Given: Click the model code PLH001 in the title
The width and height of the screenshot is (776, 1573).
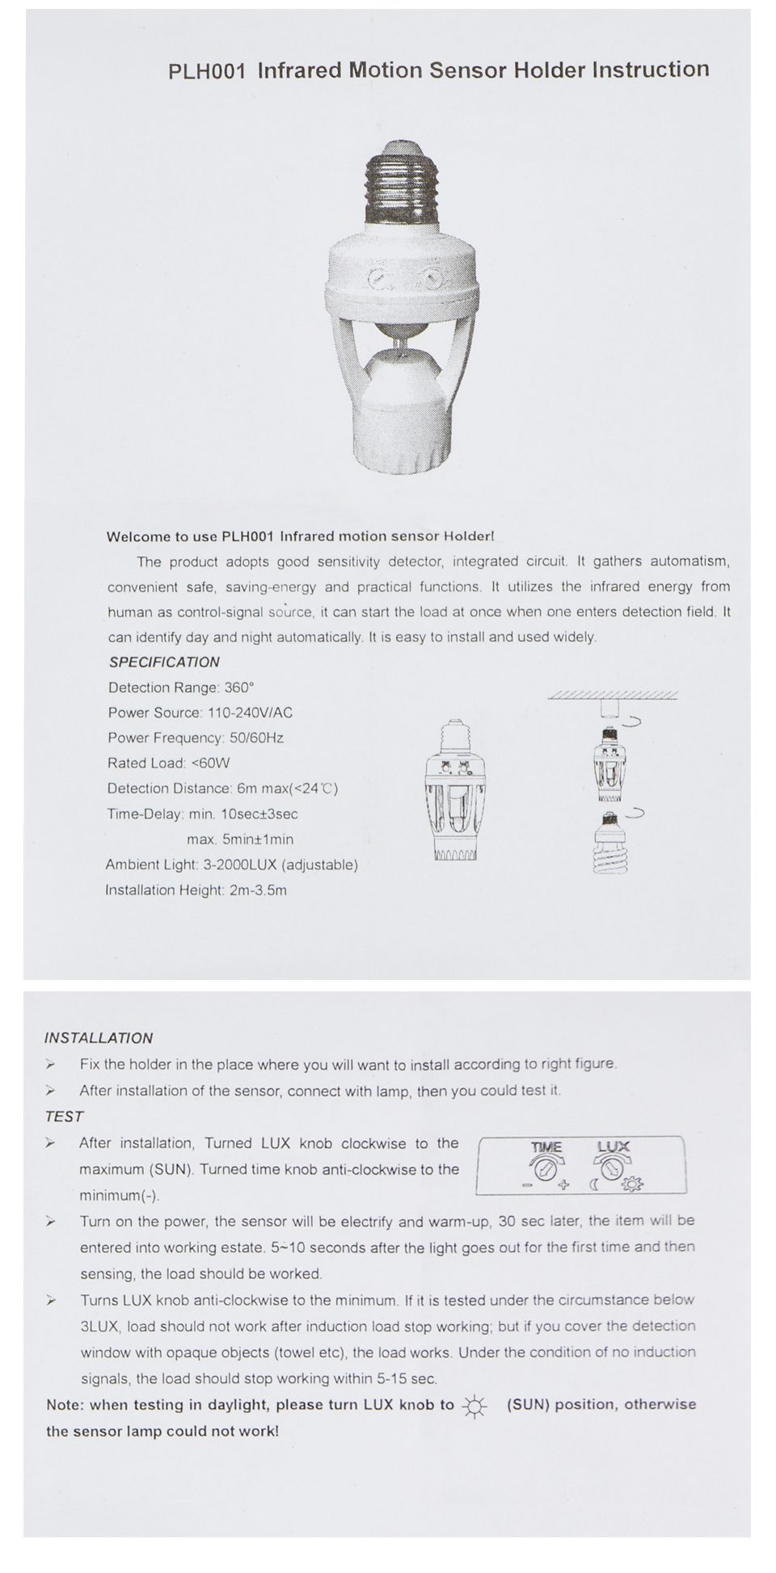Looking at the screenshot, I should pyautogui.click(x=206, y=71).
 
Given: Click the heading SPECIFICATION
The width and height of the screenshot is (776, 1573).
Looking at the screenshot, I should pyautogui.click(x=164, y=662).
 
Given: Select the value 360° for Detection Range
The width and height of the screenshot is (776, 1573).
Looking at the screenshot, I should pyautogui.click(x=238, y=688).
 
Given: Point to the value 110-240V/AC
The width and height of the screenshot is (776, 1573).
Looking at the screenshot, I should pyautogui.click(x=250, y=713).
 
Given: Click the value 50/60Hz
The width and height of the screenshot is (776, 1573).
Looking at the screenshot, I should pyautogui.click(x=256, y=738).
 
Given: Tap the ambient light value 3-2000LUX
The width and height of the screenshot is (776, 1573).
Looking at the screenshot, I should pyautogui.click(x=240, y=864).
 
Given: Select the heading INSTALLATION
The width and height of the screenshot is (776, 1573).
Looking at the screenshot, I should pyautogui.click(x=99, y=1038).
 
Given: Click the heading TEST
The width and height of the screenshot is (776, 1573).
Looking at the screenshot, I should pyautogui.click(x=65, y=1117).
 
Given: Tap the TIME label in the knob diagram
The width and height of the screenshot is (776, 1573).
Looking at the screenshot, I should pyautogui.click(x=546, y=1146).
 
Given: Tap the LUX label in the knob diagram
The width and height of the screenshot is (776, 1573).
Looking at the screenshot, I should pyautogui.click(x=614, y=1146).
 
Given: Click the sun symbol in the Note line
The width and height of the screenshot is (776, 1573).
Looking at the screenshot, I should pyautogui.click(x=474, y=1407).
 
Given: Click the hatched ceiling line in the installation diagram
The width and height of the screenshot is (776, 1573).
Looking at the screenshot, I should pyautogui.click(x=613, y=695).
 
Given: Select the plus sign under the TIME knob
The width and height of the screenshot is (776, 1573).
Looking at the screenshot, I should pyautogui.click(x=564, y=1185).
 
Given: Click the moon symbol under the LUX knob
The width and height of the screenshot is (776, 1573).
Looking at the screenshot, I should pyautogui.click(x=593, y=1185).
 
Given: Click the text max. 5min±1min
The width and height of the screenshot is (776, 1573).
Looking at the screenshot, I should pyautogui.click(x=240, y=839).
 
